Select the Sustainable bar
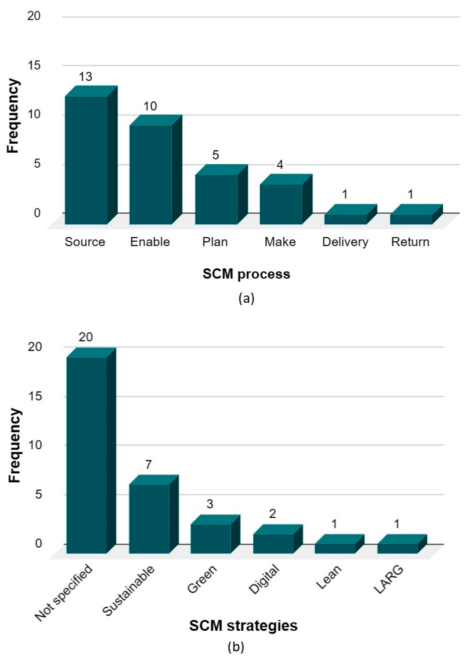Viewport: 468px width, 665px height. tap(149, 518)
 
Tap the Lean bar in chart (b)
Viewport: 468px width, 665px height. tap(335, 548)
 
